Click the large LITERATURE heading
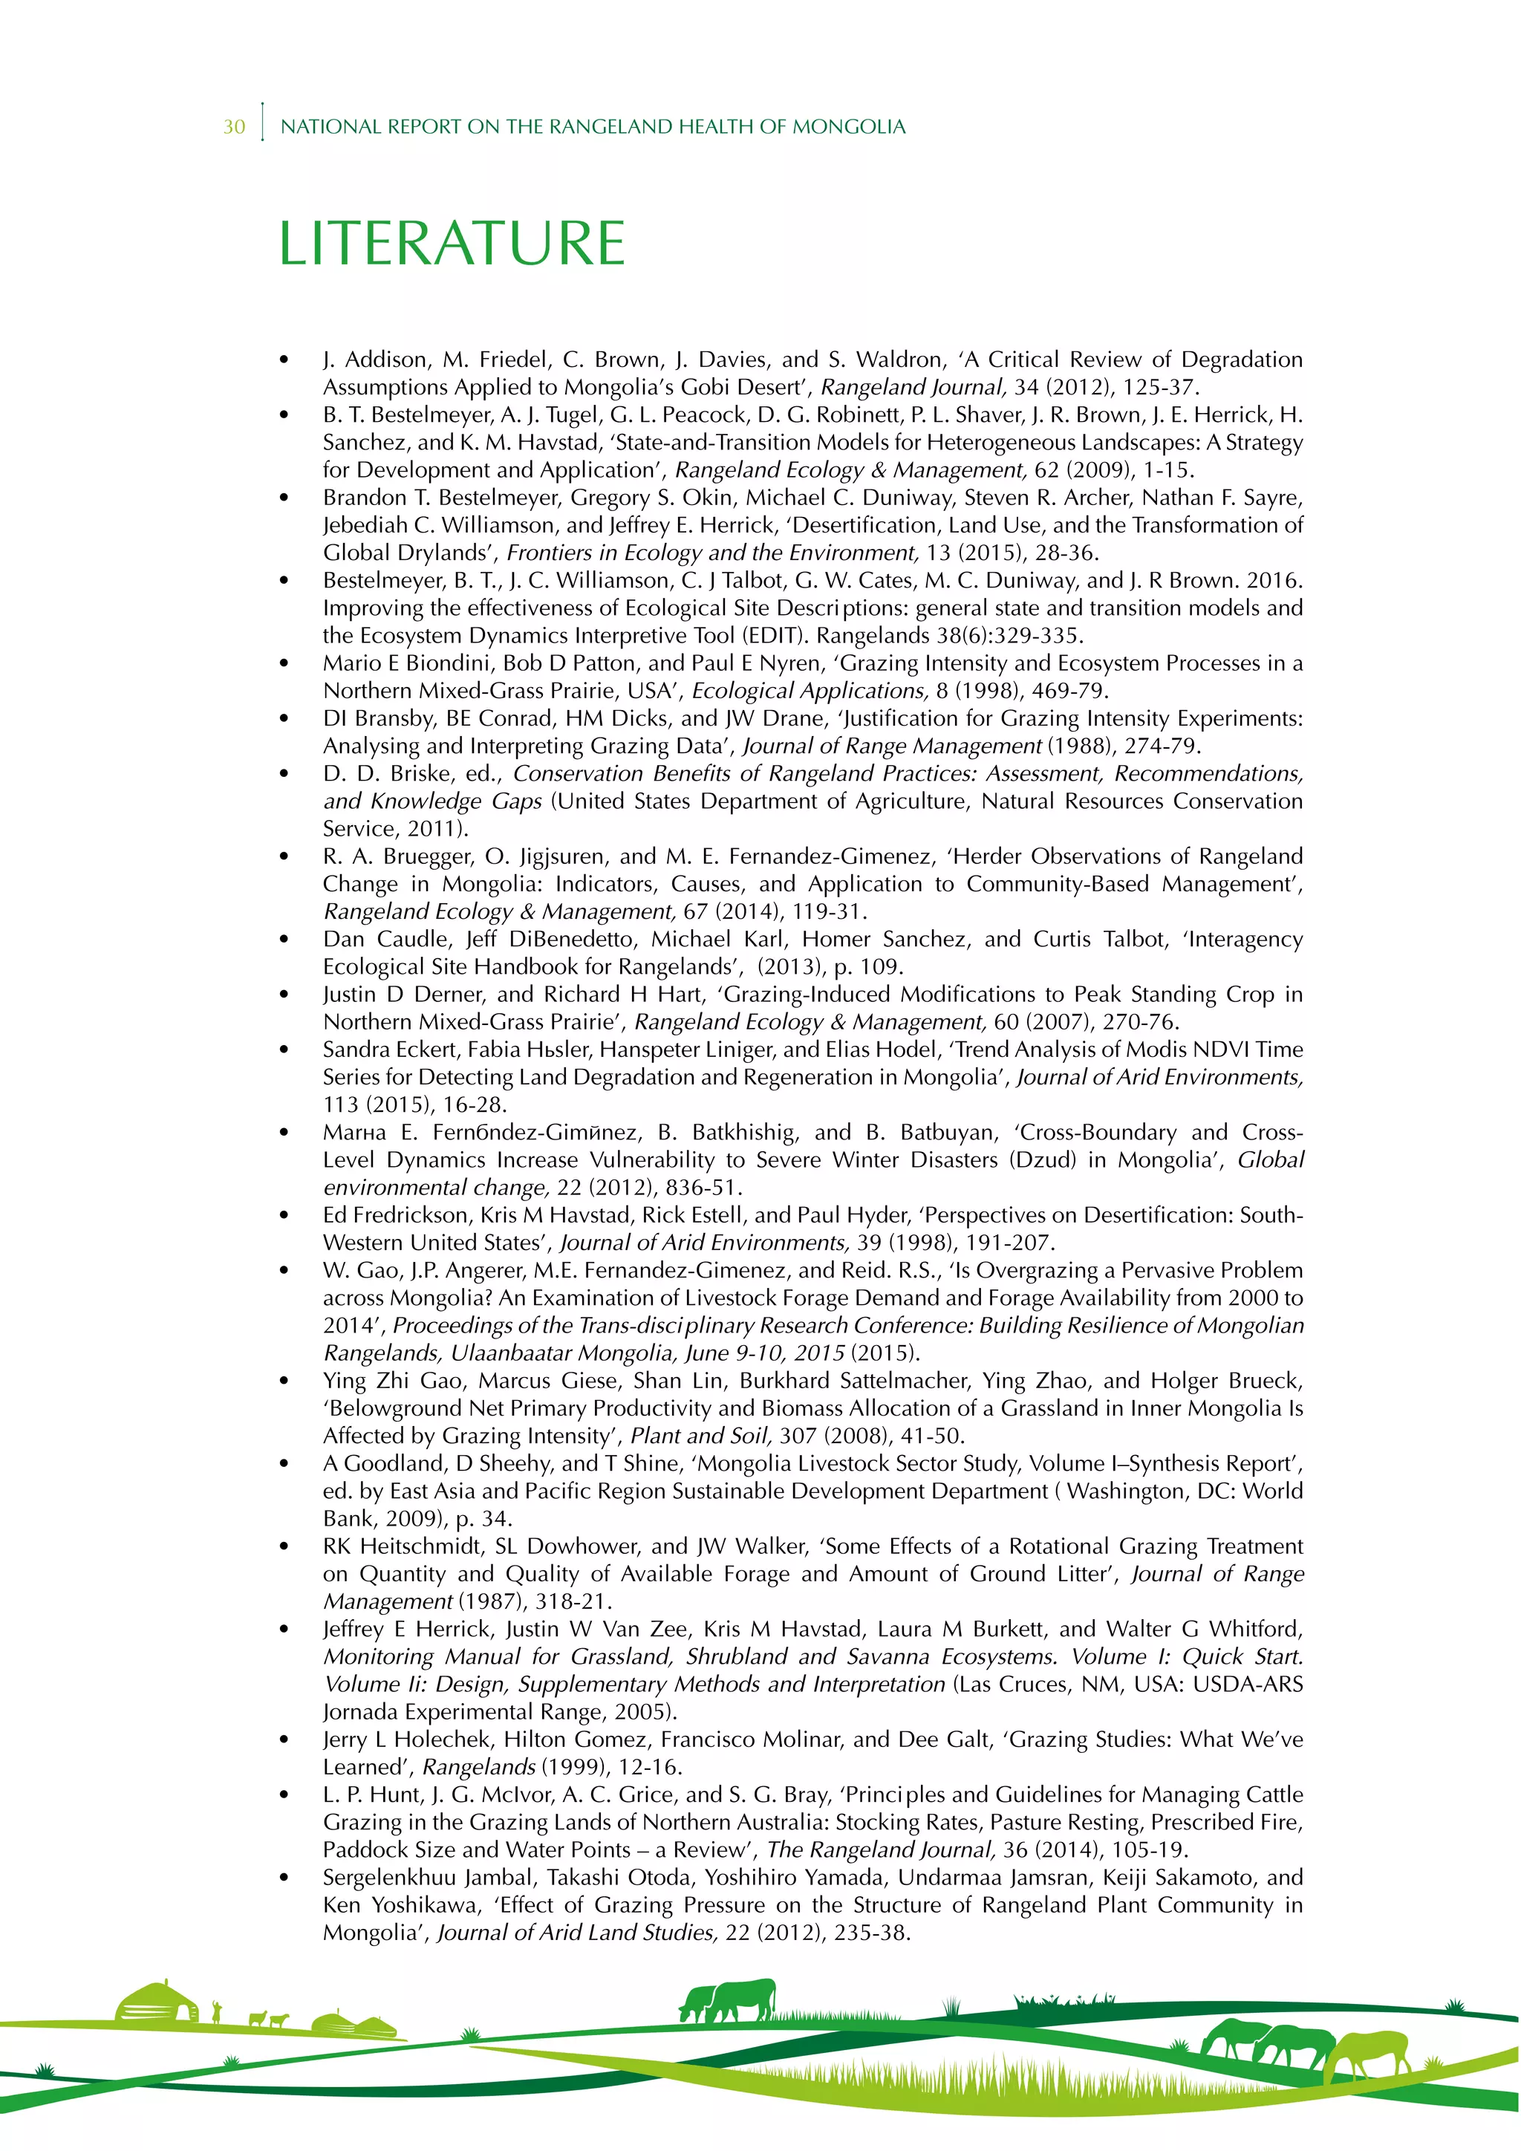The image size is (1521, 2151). (452, 244)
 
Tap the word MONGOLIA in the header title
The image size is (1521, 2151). (849, 126)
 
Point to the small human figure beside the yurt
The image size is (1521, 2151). (218, 2011)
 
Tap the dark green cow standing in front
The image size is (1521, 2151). (740, 2000)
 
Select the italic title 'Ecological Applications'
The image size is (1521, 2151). (810, 691)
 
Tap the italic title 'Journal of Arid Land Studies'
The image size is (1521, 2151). (577, 1932)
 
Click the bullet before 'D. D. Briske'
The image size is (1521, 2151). (284, 774)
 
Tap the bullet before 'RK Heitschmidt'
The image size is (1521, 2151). (284, 1546)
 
